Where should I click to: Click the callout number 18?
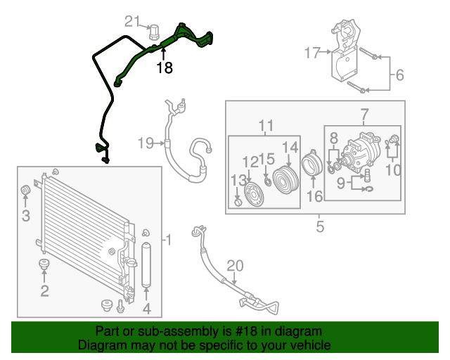(x=164, y=68)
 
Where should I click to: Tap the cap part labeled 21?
(x=155, y=30)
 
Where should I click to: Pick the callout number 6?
(x=399, y=75)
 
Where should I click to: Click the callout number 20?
(x=235, y=265)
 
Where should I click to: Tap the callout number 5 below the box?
(x=319, y=226)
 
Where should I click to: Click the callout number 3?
(x=25, y=216)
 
